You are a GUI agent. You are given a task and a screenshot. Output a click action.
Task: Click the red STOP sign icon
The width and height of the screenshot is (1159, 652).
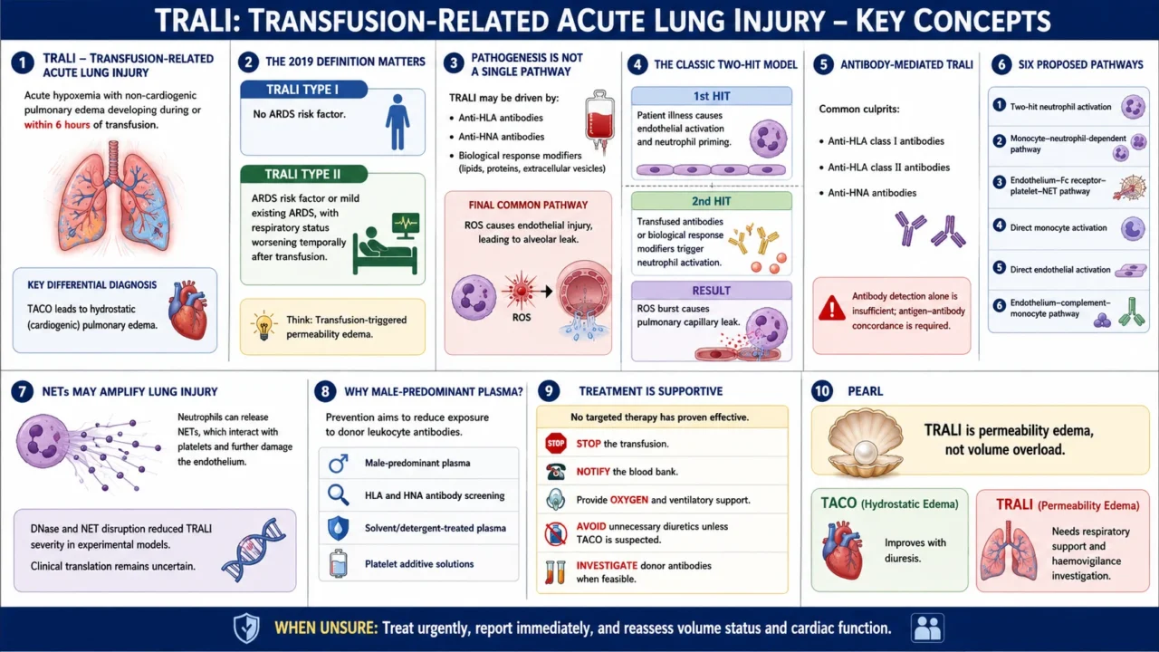(556, 444)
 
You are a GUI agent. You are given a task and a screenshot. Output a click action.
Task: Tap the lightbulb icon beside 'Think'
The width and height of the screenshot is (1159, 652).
(263, 325)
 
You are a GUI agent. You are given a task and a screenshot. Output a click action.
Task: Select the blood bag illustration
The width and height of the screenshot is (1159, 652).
(599, 120)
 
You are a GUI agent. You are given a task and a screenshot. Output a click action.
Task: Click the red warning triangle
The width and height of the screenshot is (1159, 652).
(831, 309)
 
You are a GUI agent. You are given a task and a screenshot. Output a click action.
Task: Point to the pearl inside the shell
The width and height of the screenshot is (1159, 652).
(865, 455)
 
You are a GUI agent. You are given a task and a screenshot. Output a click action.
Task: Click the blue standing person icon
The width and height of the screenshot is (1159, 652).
(398, 122)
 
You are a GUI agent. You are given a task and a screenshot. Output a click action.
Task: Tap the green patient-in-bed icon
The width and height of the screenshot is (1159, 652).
(386, 244)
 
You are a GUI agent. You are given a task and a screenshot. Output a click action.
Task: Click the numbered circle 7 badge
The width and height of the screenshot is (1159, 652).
(22, 392)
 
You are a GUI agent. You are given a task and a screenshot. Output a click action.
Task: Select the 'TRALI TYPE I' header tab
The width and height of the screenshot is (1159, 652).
(303, 90)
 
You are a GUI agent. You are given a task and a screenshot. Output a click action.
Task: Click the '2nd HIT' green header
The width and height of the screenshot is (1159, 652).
(712, 201)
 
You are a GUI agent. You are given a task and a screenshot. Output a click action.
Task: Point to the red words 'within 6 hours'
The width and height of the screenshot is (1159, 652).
(57, 125)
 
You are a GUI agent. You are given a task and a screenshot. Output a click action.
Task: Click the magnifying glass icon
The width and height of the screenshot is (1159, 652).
(339, 495)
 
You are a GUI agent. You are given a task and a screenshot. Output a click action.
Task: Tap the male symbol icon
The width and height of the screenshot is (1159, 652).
(339, 464)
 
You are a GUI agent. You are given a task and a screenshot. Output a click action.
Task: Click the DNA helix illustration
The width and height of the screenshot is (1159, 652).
(254, 550)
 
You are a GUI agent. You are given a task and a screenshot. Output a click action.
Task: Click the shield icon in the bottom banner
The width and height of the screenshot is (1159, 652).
(246, 628)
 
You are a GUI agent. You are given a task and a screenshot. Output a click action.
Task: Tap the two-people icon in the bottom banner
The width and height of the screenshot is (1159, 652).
(928, 628)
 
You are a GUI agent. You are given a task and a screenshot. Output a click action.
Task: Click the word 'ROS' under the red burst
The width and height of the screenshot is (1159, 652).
(521, 317)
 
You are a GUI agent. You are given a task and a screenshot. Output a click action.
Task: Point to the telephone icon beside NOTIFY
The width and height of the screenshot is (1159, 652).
(556, 472)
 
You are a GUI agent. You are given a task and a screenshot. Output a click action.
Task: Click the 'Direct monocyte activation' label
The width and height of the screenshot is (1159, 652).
(1058, 227)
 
